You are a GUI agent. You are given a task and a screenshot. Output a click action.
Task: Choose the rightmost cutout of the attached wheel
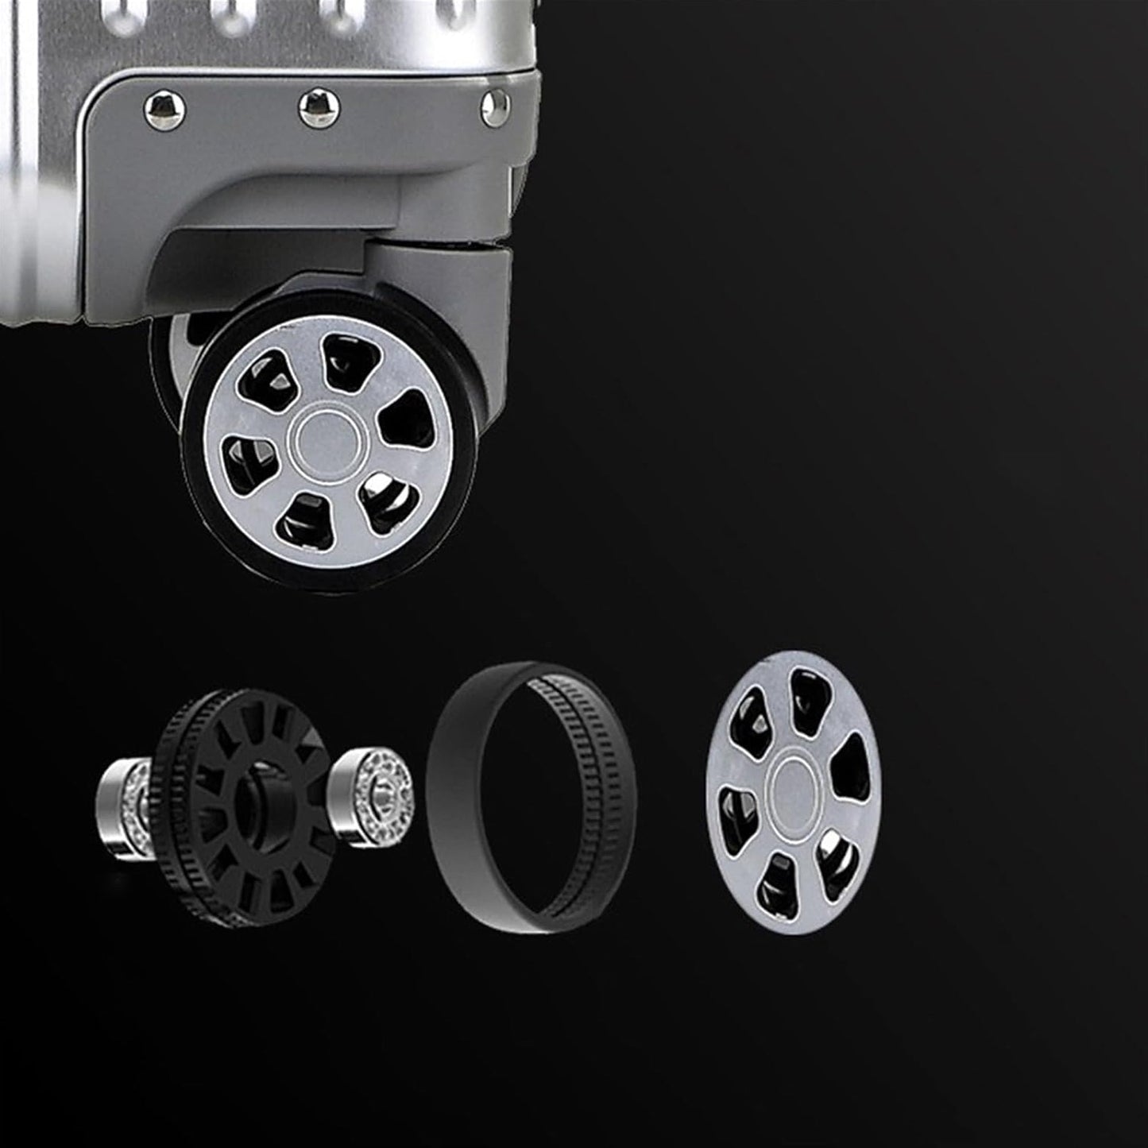click(406, 420)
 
